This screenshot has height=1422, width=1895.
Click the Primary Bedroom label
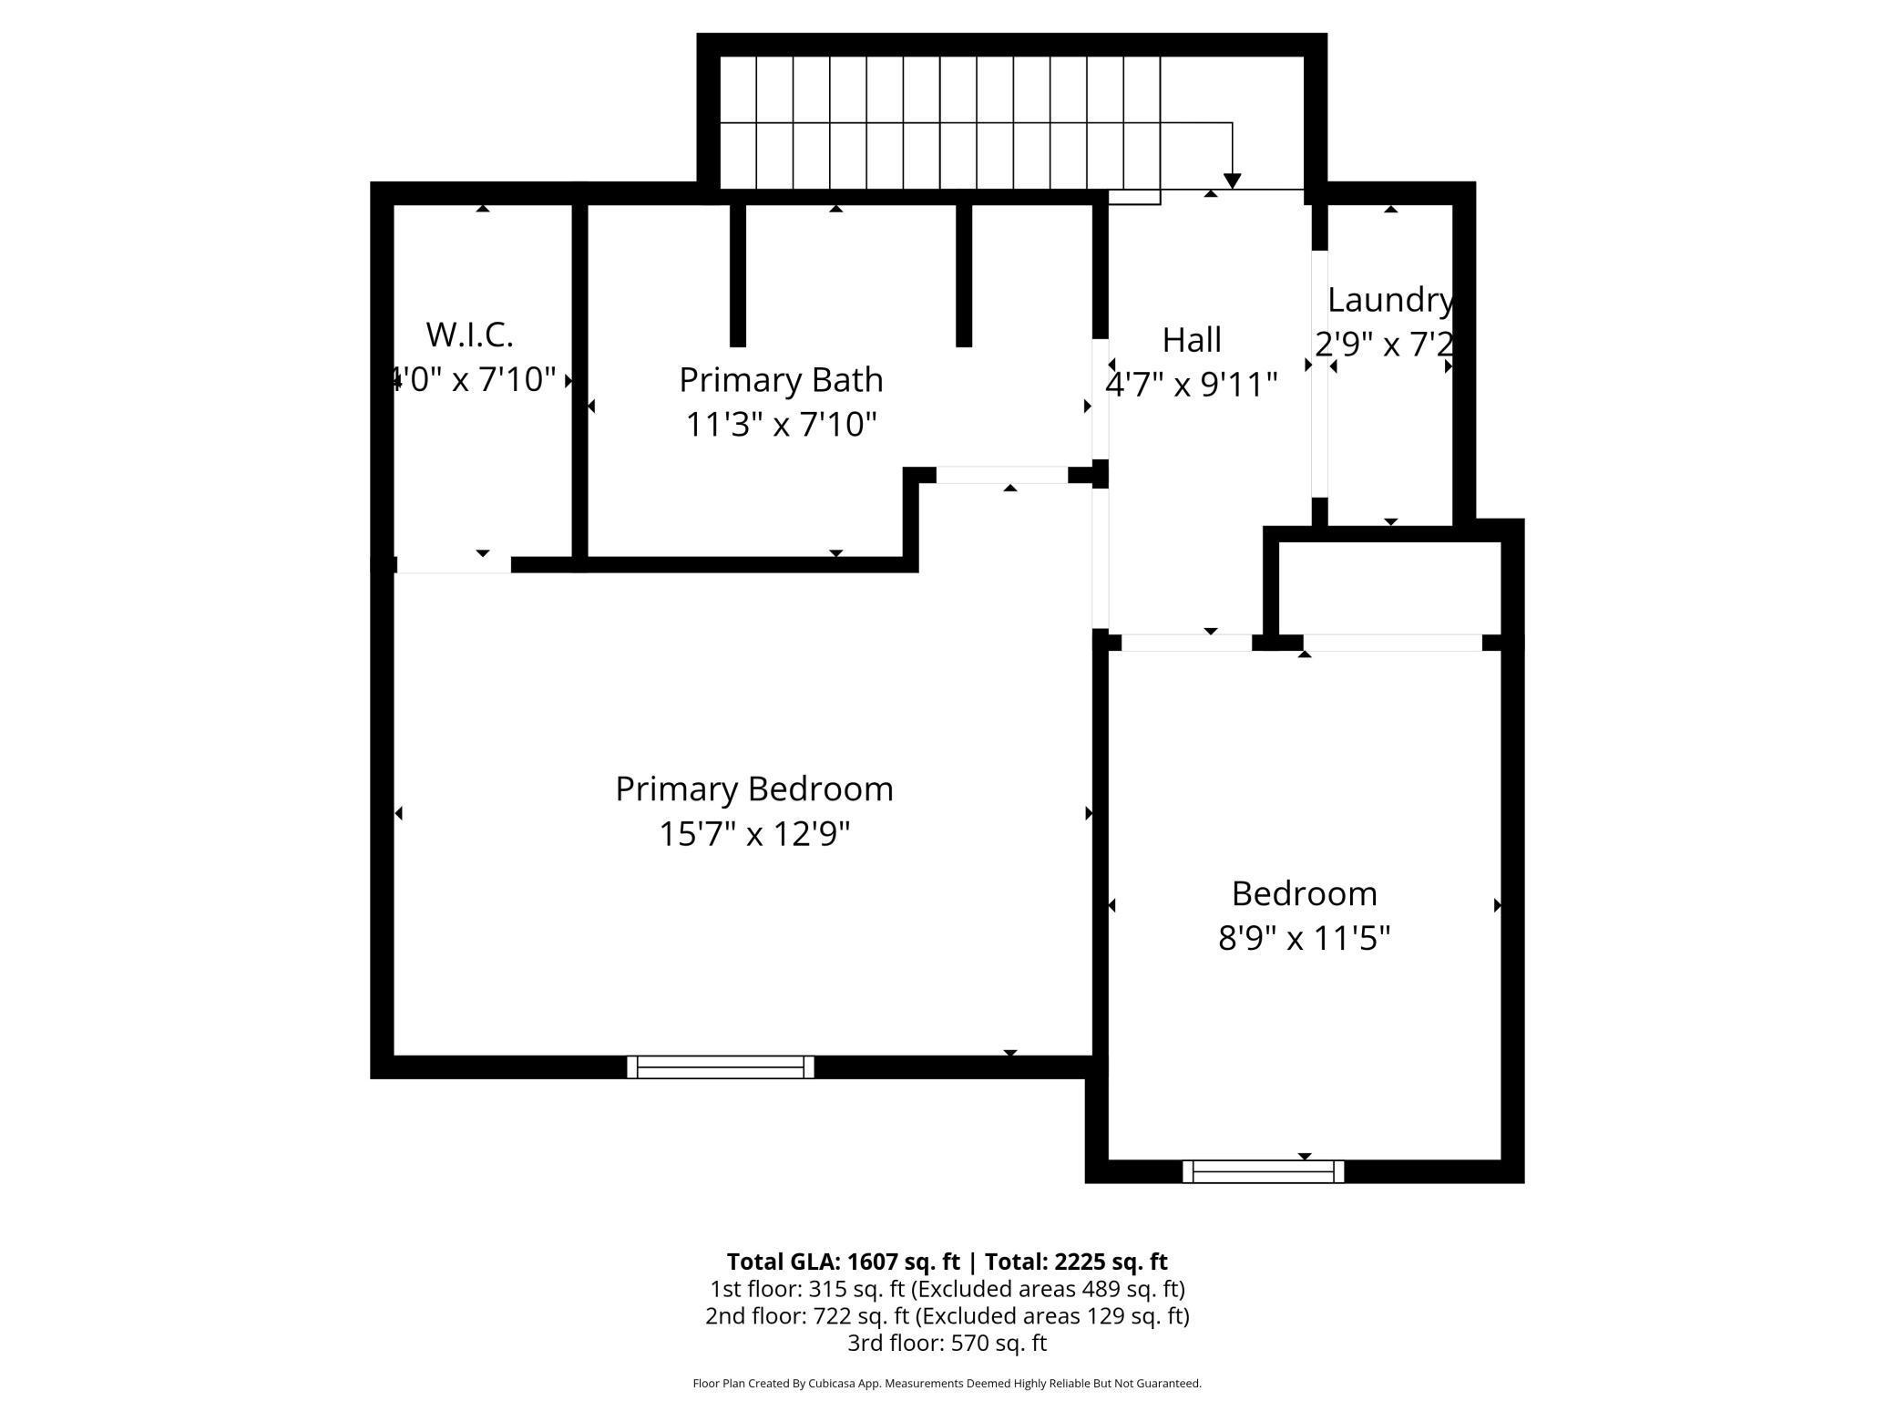(753, 789)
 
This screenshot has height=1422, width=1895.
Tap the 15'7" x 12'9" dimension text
(753, 834)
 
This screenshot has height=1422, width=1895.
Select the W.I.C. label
(469, 335)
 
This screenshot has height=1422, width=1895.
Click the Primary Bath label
(781, 380)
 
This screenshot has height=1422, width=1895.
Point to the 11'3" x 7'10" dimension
(781, 425)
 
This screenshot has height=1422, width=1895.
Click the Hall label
(1191, 341)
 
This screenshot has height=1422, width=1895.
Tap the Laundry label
(1388, 300)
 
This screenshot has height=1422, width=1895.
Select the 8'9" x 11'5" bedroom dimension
(1304, 938)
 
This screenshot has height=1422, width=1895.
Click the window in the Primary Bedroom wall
(720, 1066)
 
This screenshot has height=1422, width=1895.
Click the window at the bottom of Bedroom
(1263, 1171)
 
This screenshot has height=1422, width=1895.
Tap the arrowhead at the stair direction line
(1232, 181)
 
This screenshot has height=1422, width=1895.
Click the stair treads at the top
(938, 123)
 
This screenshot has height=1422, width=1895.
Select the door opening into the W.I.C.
(453, 565)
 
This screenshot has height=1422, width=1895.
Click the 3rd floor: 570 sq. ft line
(947, 1343)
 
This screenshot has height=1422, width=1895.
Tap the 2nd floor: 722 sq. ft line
(947, 1316)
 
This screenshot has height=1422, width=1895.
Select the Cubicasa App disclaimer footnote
(947, 1384)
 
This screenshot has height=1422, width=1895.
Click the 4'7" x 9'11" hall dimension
(1191, 386)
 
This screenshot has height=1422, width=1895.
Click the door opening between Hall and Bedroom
(1186, 643)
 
